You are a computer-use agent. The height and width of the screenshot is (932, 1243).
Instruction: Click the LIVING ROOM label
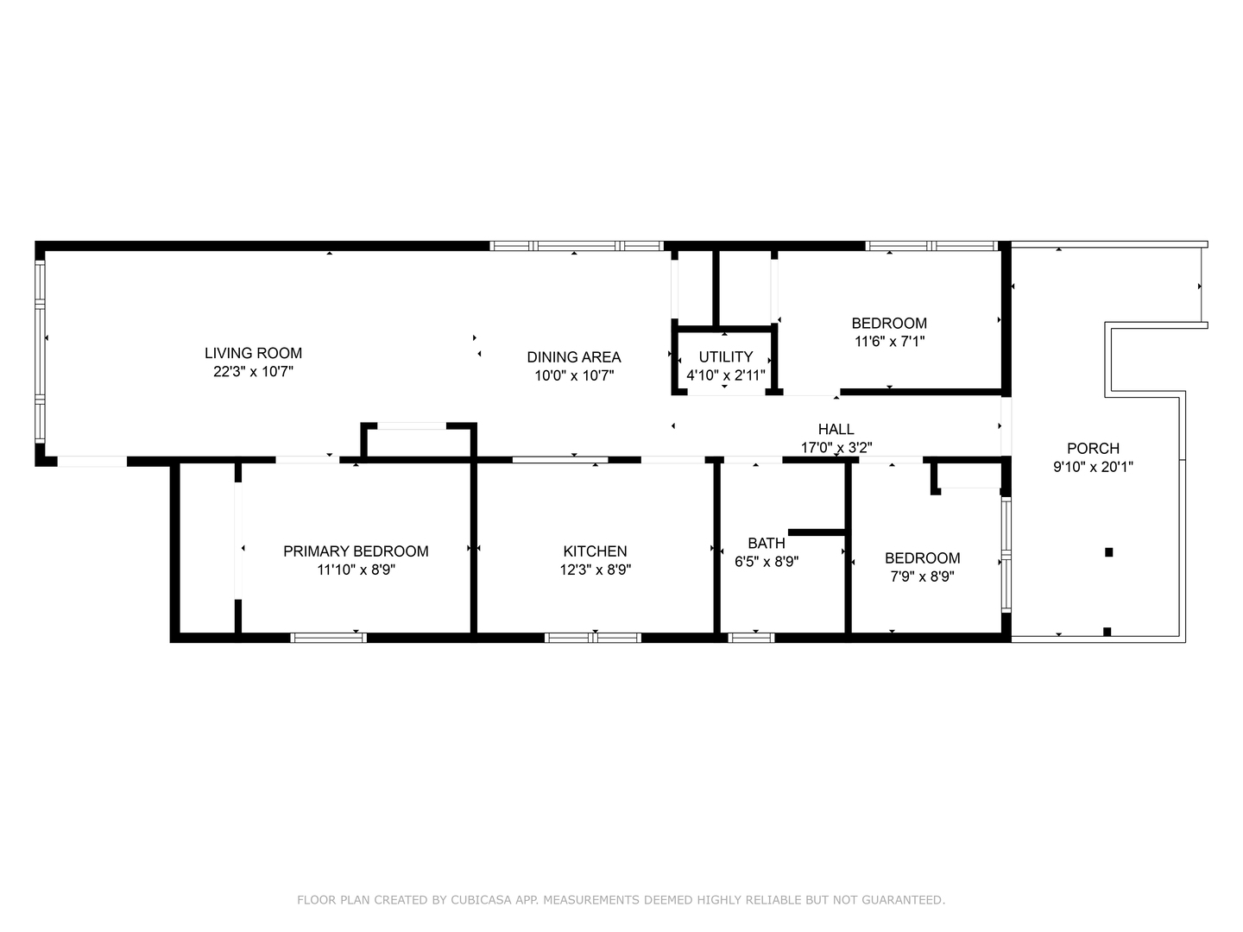point(253,353)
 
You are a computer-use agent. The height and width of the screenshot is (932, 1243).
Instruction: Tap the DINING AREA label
point(573,357)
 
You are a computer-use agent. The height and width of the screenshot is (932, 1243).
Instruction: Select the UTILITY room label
point(725,356)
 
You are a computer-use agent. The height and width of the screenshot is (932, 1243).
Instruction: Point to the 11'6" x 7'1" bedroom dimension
point(889,342)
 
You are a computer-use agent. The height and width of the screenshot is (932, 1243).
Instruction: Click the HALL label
point(836,429)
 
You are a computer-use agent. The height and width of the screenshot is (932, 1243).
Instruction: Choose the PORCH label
point(1093,448)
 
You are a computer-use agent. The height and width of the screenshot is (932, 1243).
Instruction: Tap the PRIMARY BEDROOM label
point(356,551)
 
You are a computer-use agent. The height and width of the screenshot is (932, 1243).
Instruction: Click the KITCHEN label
point(595,551)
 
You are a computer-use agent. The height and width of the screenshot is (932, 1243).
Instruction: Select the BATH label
point(766,543)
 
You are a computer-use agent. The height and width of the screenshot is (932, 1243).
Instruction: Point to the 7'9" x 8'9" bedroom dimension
point(922,576)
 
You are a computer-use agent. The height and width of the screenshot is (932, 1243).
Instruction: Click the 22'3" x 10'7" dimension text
point(253,372)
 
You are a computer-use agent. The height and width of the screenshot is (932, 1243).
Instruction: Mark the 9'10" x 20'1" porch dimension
point(1093,467)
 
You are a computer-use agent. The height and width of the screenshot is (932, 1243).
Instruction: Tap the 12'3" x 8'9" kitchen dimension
point(595,570)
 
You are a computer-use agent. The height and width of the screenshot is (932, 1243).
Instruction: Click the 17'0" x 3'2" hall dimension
point(836,447)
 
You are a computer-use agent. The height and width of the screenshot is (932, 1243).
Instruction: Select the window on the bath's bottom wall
point(751,638)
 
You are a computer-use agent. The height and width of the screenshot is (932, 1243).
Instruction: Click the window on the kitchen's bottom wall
point(592,638)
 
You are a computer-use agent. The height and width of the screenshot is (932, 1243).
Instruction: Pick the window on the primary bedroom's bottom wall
point(328,638)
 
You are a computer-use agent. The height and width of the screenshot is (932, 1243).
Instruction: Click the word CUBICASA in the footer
point(482,900)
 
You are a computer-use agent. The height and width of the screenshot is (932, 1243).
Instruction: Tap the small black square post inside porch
point(1109,552)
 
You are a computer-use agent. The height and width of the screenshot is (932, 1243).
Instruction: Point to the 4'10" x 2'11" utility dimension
point(725,375)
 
